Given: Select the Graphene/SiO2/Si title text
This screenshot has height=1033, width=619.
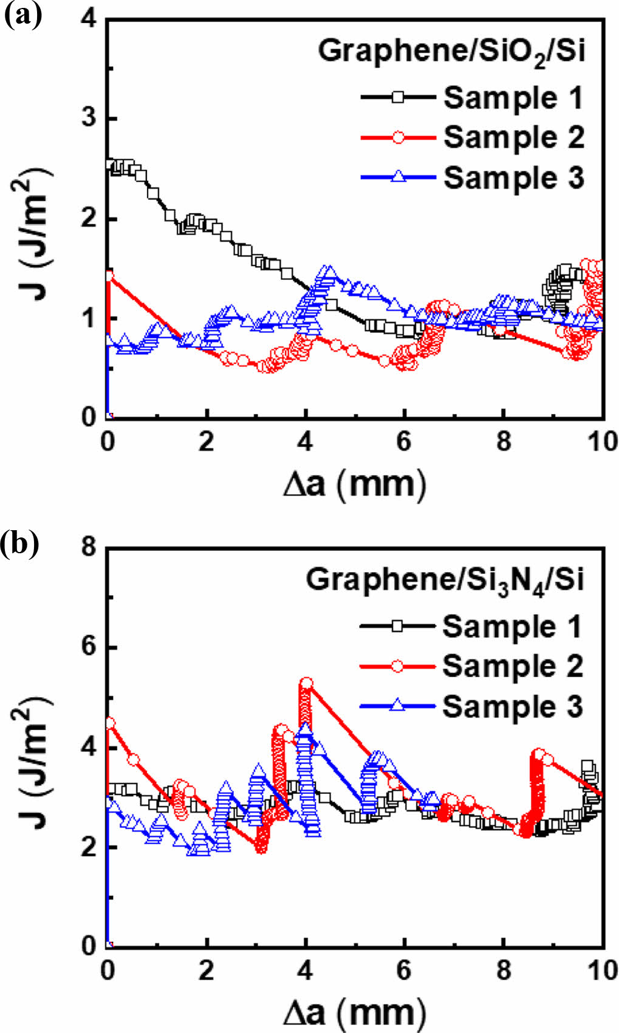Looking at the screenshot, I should pyautogui.click(x=451, y=50).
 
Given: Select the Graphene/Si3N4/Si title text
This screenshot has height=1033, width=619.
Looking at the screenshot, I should pyautogui.click(x=444, y=579).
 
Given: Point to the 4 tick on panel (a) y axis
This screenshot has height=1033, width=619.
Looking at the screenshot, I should pyautogui.click(x=89, y=19).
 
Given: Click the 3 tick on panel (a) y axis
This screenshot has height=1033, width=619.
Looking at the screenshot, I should pyautogui.click(x=89, y=119).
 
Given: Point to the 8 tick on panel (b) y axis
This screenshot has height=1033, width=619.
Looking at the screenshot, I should pyautogui.click(x=89, y=548).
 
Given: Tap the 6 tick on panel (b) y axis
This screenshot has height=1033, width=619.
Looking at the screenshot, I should pyautogui.click(x=89, y=648).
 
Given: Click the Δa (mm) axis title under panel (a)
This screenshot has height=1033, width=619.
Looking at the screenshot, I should pyautogui.click(x=355, y=484).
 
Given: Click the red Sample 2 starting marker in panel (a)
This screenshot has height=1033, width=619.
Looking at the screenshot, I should pyautogui.click(x=109, y=276).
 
